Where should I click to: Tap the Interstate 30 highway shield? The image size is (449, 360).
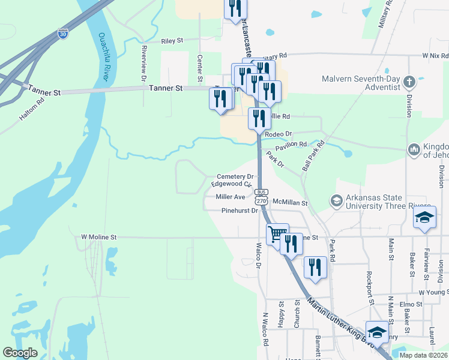63,34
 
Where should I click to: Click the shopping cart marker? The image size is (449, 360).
277,233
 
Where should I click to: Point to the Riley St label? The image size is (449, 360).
172,41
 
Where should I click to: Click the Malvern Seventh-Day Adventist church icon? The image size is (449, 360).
409,82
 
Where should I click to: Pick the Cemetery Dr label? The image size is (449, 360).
235,176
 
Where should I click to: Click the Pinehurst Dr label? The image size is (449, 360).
239,211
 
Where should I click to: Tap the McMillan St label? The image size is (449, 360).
289,203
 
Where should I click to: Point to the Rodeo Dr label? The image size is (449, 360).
278,134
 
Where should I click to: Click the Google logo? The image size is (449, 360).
20,353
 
